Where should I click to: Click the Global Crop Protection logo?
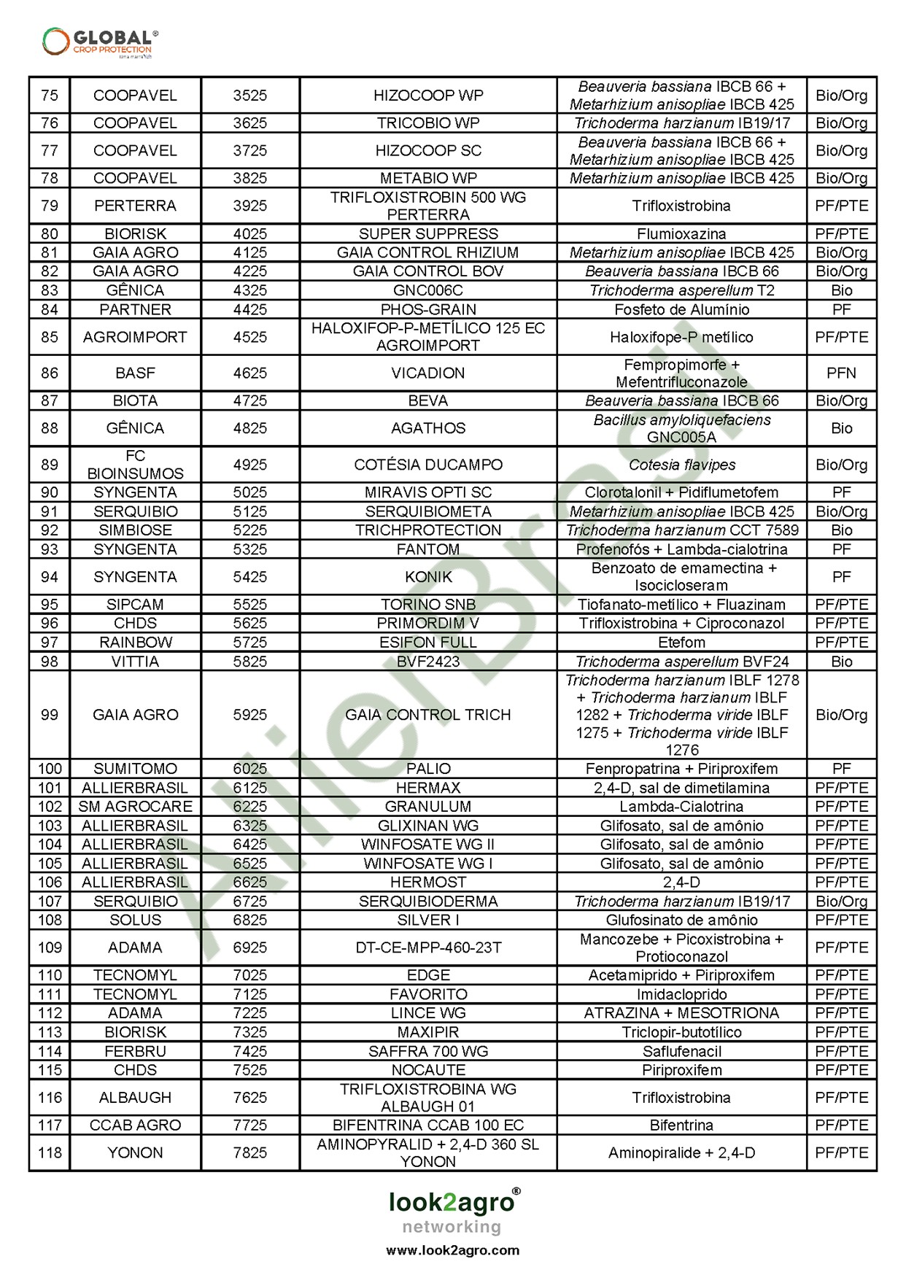tap(100, 42)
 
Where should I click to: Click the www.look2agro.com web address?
tap(452, 1250)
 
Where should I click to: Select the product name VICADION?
tap(428, 373)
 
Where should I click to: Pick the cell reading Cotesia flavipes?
tap(681, 465)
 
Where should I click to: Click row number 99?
tap(50, 715)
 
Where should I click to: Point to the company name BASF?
tap(136, 373)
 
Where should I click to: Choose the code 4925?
tap(250, 465)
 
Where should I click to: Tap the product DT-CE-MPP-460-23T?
tap(428, 947)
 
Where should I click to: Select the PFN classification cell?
tap(841, 373)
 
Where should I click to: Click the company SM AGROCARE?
tap(136, 807)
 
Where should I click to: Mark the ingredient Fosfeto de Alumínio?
tap(681, 309)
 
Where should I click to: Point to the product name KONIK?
tap(428, 577)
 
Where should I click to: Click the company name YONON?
tap(136, 1152)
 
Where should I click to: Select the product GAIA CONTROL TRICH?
tap(428, 715)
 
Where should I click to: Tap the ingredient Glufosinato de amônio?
tap(681, 920)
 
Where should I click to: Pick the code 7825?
tap(250, 1152)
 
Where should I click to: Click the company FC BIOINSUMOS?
tap(136, 465)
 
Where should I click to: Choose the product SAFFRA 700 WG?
tap(428, 1051)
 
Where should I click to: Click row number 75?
tap(50, 96)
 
